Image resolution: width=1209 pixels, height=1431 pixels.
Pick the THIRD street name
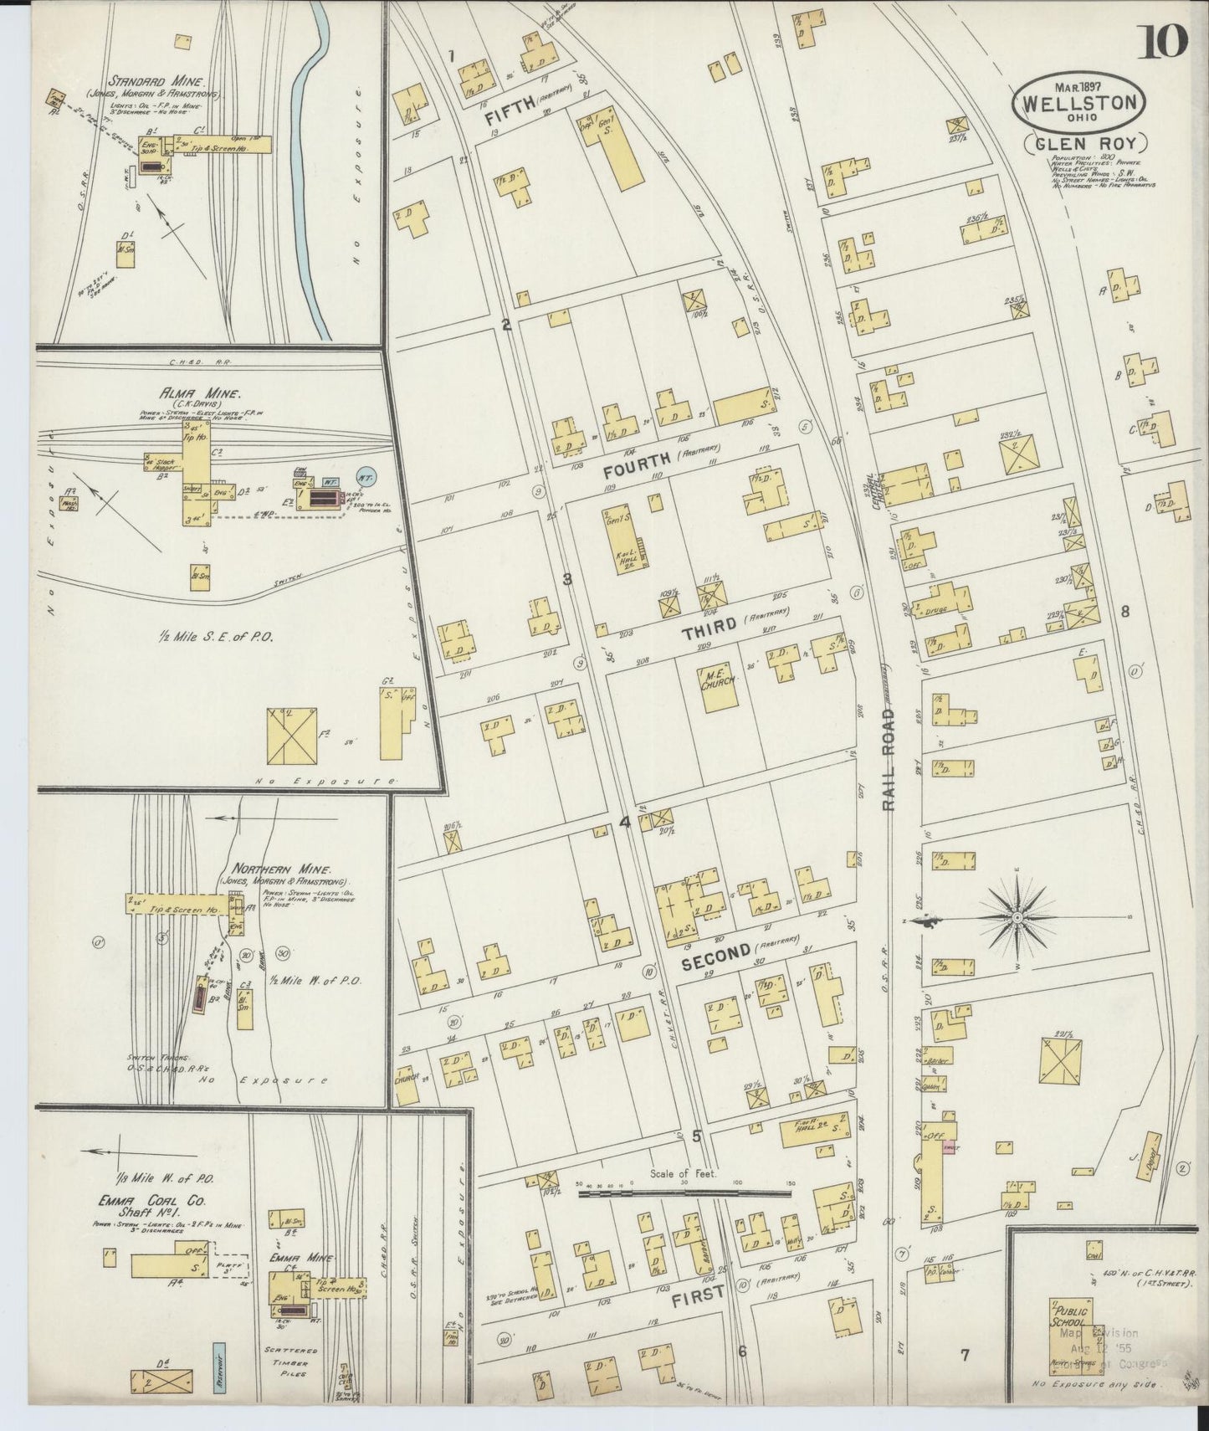[708, 629]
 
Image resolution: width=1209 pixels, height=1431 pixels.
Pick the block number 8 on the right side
[1125, 612]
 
